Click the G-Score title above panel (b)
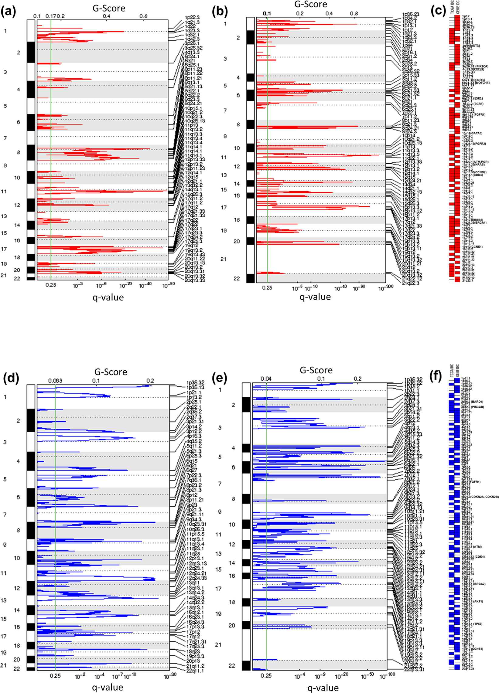pos(311,4)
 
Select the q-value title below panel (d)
pos(108,687)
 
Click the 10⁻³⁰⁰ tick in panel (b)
pos(385,288)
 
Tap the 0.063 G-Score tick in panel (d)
pos(55,381)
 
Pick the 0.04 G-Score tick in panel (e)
pos(266,379)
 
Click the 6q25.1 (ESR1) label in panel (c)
pos(468,98)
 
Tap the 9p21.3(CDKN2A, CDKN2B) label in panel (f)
pos(480,497)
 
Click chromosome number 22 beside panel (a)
pos(17,279)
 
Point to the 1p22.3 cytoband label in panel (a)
pos(192,17)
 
